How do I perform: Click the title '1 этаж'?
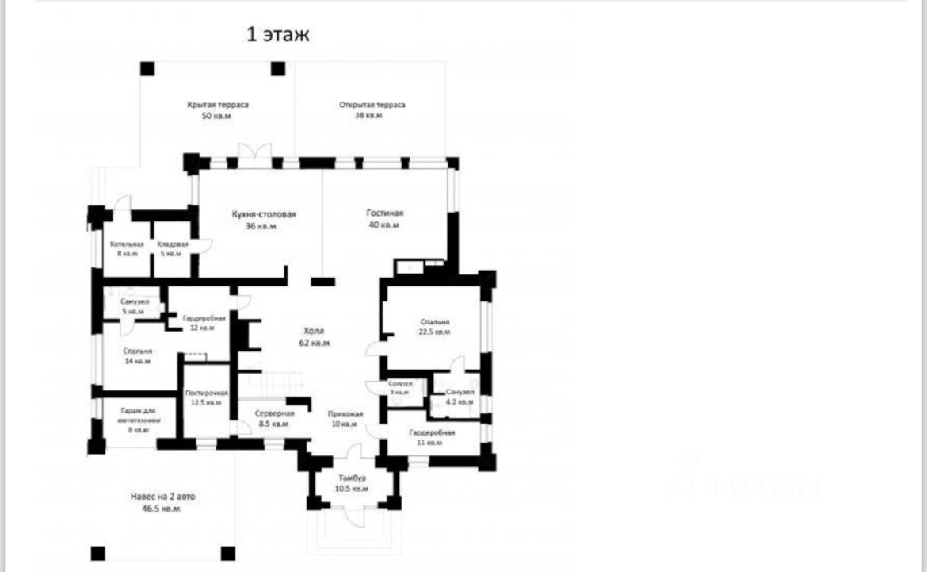click(x=278, y=35)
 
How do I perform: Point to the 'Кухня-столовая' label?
click(x=264, y=214)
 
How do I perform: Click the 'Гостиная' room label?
click(x=385, y=213)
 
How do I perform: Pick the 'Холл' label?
click(x=314, y=331)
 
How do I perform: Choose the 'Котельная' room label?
click(x=127, y=244)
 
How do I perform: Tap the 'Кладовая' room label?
click(x=172, y=244)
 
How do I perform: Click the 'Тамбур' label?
click(x=351, y=478)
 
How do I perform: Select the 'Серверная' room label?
click(x=275, y=413)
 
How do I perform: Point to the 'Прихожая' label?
click(x=345, y=413)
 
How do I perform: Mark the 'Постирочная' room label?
click(x=207, y=393)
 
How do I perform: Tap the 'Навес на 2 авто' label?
click(x=162, y=497)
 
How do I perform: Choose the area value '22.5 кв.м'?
click(x=435, y=332)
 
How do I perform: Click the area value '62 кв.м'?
click(x=314, y=343)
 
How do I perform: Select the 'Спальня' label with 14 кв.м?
click(x=137, y=351)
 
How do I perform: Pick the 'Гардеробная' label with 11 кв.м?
click(x=432, y=433)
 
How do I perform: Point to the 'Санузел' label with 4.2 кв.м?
click(x=460, y=393)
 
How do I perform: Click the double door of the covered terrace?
click(x=255, y=152)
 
